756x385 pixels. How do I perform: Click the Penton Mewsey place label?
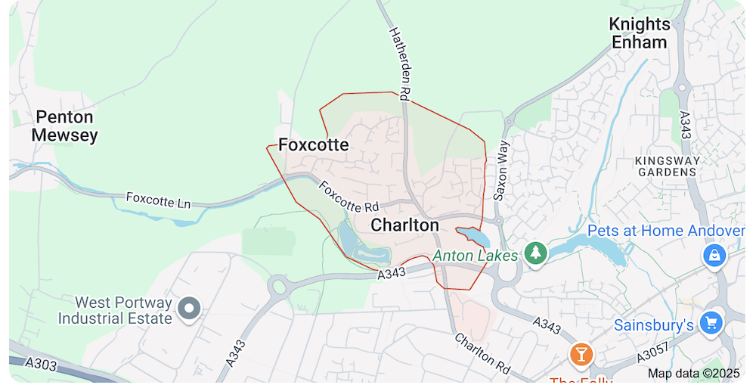(65, 126)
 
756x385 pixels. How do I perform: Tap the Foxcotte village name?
(314, 144)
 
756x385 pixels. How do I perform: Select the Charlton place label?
(404, 225)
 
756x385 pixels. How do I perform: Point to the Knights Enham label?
(640, 33)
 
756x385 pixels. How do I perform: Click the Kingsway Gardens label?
(665, 166)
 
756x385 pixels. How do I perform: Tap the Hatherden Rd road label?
(399, 64)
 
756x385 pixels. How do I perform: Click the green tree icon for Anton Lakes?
(536, 253)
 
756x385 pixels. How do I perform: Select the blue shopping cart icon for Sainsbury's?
(711, 323)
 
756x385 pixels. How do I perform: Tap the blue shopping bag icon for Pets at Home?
(714, 255)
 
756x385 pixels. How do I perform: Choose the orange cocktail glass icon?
(581, 354)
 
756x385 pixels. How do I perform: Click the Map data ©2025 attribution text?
(693, 373)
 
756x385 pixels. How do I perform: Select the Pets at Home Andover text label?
(666, 231)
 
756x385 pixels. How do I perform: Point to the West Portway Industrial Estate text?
(115, 311)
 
